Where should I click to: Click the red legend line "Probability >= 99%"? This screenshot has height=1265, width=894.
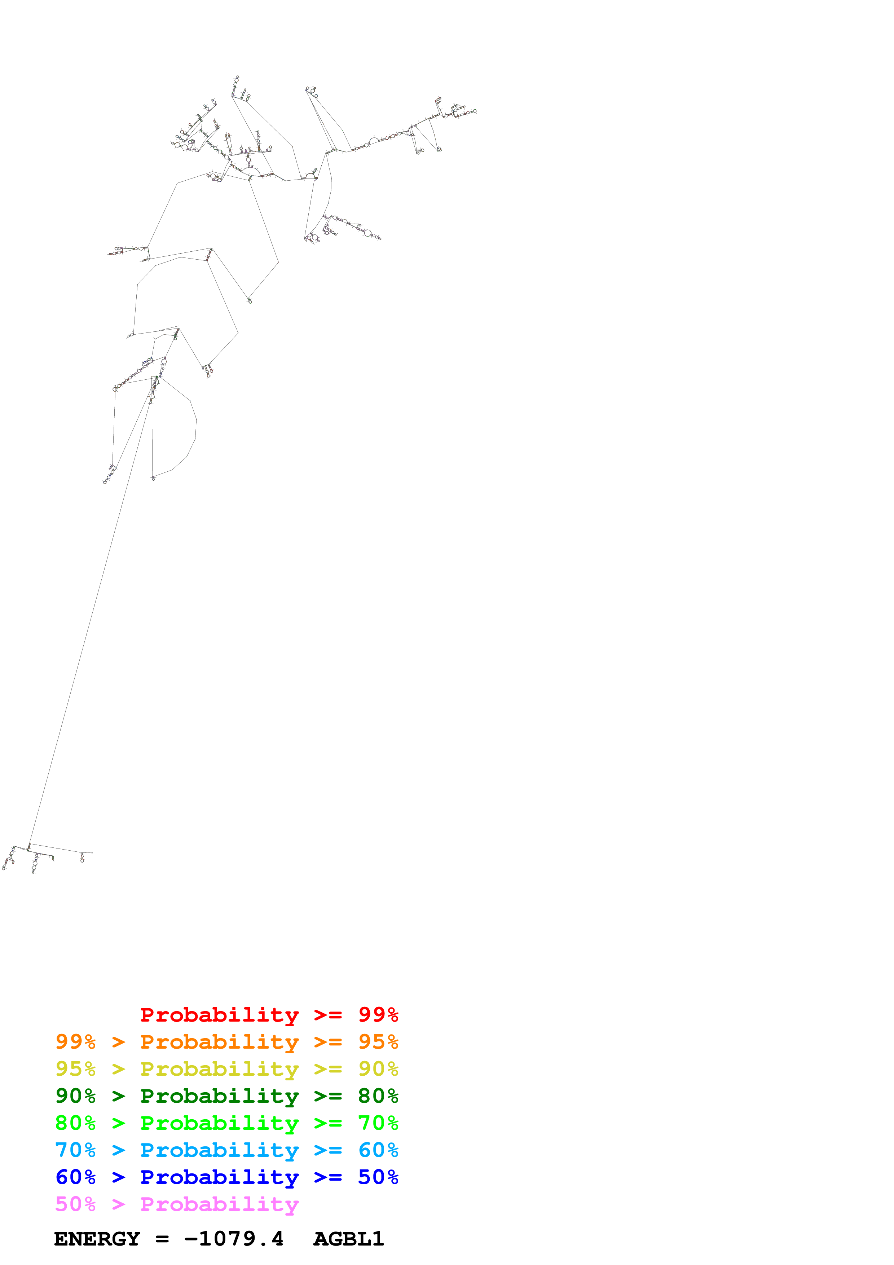point(269,1015)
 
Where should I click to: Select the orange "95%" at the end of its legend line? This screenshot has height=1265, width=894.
point(378,1042)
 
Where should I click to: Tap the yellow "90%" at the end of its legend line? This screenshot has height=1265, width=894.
point(378,1069)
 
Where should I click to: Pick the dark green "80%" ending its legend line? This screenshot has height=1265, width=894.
point(378,1096)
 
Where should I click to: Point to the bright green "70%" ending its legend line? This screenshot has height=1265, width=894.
point(378,1123)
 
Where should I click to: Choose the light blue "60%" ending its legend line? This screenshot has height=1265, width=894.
point(378,1150)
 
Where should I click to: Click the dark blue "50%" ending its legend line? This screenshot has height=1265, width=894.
point(378,1177)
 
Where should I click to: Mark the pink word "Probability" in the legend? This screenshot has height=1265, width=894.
point(219,1204)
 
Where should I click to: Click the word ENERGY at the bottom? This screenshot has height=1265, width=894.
point(97,1239)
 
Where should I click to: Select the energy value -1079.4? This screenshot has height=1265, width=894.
point(234,1239)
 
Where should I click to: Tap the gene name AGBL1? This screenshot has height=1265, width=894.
point(349,1239)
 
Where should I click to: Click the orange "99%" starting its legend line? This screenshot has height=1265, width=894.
point(75,1042)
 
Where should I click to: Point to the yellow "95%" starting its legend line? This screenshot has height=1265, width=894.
point(75,1069)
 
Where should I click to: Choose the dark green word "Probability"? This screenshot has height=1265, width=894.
point(219,1096)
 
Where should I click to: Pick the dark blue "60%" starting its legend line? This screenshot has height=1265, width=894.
point(75,1177)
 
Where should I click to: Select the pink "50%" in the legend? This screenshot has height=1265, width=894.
point(75,1204)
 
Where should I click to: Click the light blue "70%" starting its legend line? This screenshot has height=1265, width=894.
point(75,1150)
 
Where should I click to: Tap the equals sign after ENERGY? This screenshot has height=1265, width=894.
point(162,1239)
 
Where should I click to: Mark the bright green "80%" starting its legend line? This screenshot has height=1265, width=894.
point(75,1123)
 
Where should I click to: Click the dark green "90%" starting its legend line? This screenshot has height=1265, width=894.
point(75,1096)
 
